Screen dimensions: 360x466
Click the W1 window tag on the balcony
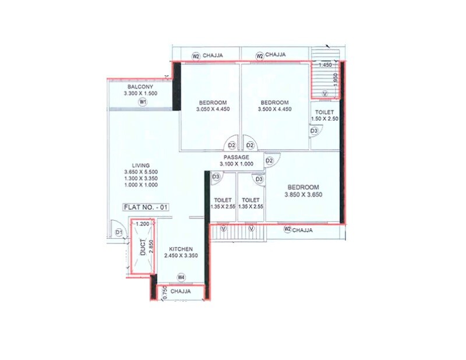point(142,102)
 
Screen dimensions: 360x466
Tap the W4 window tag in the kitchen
point(181,277)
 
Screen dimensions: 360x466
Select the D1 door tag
point(119,232)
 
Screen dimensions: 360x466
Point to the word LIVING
point(141,165)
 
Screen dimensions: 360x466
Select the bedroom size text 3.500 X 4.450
point(274,109)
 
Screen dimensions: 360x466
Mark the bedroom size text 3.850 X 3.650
point(303,194)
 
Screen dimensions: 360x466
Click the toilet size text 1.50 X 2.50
point(324,119)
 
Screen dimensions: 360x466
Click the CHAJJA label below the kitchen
point(182,291)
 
